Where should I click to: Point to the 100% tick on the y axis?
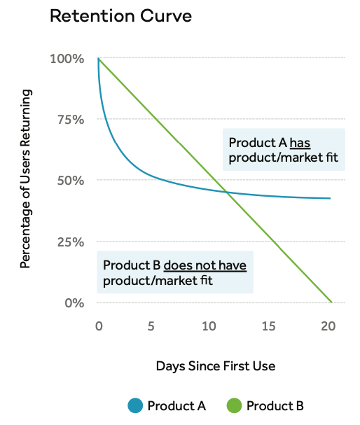click(68, 58)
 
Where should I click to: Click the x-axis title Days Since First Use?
click(215, 366)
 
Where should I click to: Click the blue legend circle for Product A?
click(136, 405)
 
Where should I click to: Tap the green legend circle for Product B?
click(235, 405)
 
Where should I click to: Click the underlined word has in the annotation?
click(300, 142)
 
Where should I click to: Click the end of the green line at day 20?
click(330, 302)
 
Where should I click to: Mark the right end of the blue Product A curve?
click(330, 198)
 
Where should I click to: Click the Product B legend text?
click(275, 405)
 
